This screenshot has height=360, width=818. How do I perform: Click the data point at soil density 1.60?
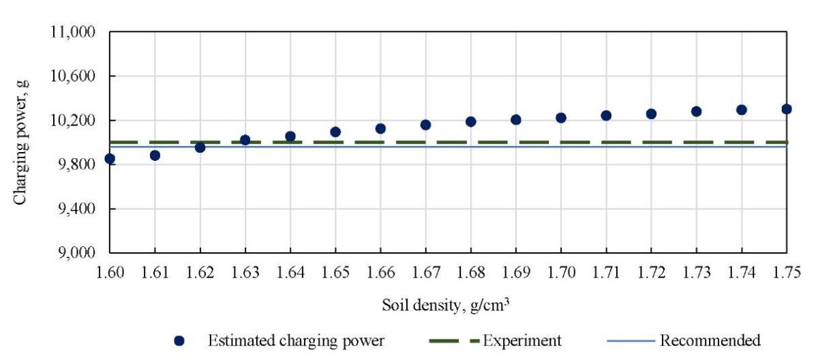click(110, 159)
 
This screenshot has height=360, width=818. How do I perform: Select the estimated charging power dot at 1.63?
click(245, 140)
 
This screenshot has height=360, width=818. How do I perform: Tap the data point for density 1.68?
click(470, 121)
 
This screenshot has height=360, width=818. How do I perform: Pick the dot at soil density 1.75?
click(787, 109)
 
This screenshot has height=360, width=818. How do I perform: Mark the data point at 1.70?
click(561, 118)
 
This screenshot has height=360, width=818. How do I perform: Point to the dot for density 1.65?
click(335, 132)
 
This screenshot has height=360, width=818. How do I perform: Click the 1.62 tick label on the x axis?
click(200, 273)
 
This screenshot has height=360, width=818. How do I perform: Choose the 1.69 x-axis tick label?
click(515, 273)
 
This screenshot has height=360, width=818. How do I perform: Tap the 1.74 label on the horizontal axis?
click(741, 273)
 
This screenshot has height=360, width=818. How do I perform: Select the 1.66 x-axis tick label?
click(380, 273)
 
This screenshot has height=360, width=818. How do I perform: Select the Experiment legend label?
click(522, 340)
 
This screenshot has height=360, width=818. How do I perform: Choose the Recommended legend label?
click(710, 340)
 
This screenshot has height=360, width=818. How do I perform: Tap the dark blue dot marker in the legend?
click(180, 340)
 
